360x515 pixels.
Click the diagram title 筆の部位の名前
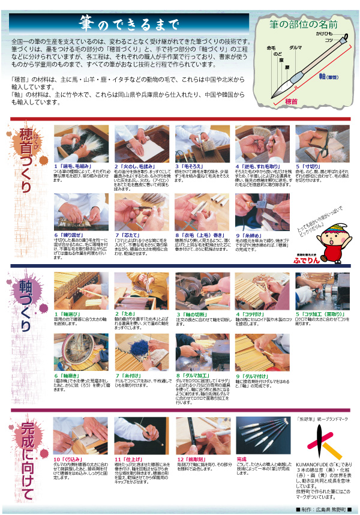point(305,25)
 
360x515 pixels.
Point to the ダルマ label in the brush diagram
point(296,47)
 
